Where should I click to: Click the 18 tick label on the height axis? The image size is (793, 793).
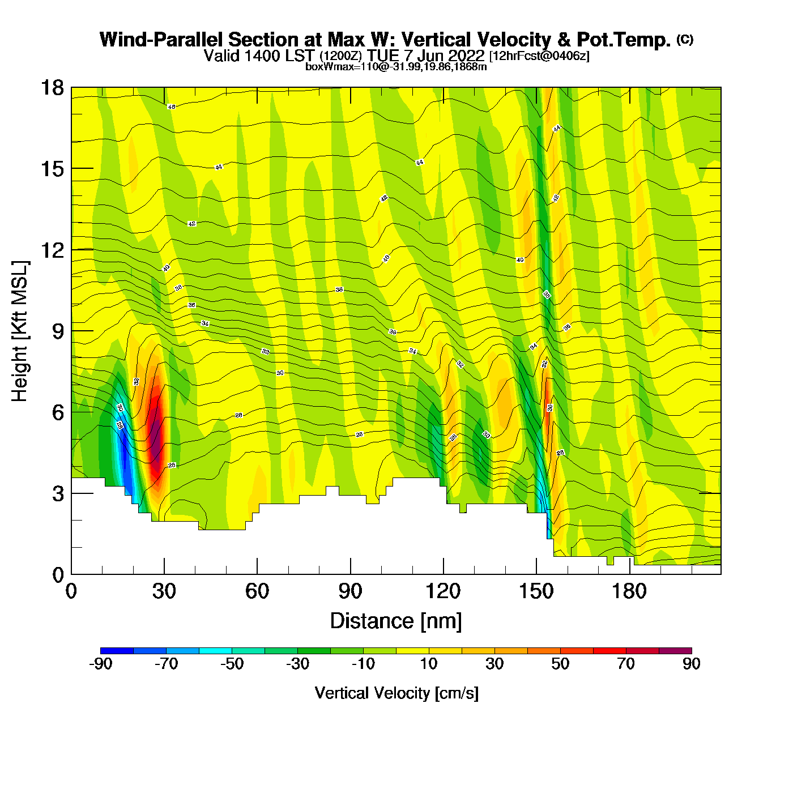pos(52,88)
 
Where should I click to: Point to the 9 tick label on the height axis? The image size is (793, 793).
pos(58,331)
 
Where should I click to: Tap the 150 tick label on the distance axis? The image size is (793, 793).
pos(536,592)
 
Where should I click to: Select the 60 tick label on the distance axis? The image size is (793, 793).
pos(257,592)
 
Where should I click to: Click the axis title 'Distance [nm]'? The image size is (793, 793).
pos(396,621)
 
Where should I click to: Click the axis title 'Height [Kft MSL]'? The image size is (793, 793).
pos(20,331)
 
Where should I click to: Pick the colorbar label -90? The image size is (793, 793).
pos(100,664)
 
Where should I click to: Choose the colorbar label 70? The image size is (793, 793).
pos(626,664)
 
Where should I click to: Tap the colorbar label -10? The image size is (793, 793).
pos(363,664)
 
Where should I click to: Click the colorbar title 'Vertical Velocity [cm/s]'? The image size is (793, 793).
pos(396,693)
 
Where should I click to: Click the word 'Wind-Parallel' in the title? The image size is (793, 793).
pos(162,40)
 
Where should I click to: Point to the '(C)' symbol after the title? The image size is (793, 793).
pos(685,39)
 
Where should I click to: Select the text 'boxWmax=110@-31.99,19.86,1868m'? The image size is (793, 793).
pos(396,67)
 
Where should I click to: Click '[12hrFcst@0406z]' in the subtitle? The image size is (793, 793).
pos(539,56)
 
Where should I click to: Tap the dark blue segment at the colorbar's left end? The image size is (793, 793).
pos(117,651)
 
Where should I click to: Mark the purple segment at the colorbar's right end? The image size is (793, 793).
pos(675,651)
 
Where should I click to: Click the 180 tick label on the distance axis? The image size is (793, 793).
pos(629,592)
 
